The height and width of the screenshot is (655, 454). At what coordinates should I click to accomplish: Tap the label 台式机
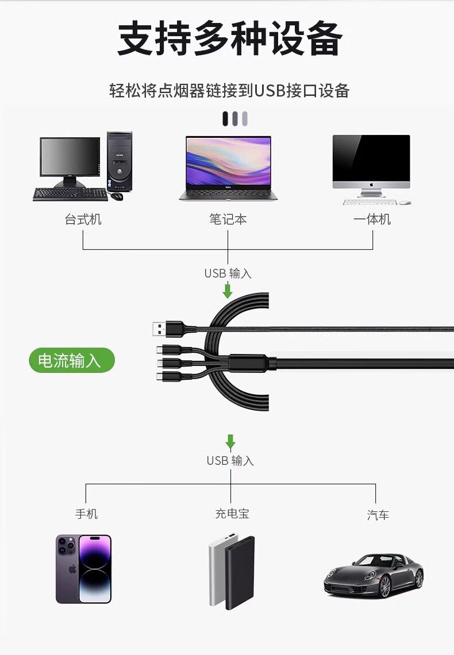(x=83, y=219)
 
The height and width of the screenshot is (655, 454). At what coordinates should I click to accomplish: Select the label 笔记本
(x=228, y=219)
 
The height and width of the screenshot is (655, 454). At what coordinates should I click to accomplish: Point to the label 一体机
(x=372, y=219)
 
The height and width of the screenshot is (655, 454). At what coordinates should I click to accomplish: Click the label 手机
(x=86, y=514)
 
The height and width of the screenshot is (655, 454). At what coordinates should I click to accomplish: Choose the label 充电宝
(x=232, y=514)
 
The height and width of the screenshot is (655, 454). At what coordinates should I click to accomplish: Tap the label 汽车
(x=378, y=515)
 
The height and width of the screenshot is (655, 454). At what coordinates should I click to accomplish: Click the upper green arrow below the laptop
(x=228, y=290)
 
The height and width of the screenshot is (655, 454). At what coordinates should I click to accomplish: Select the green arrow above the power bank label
(x=230, y=442)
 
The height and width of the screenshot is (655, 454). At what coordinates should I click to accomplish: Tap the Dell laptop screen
(x=228, y=163)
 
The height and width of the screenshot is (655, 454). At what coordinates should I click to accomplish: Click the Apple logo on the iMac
(x=371, y=186)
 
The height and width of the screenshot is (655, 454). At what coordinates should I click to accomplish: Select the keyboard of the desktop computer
(x=70, y=194)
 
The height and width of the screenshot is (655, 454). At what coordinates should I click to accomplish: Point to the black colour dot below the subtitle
(x=226, y=119)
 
